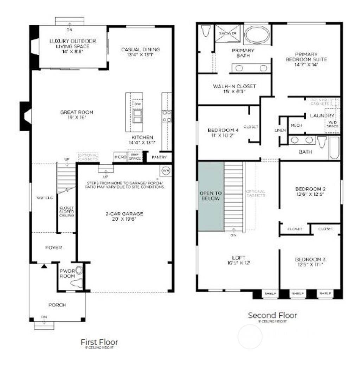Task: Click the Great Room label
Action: pos(77,113)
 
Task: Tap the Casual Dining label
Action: pos(140,50)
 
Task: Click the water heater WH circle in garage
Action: pos(166,170)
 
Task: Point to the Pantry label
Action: pos(159,157)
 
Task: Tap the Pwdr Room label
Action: pos(67,274)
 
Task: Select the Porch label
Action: pos(57,305)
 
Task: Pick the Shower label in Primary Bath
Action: pos(228,33)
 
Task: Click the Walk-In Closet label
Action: pos(234,86)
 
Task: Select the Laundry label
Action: pos(322,115)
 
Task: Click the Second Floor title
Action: pos(272,315)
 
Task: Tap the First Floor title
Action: pos(99,342)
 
